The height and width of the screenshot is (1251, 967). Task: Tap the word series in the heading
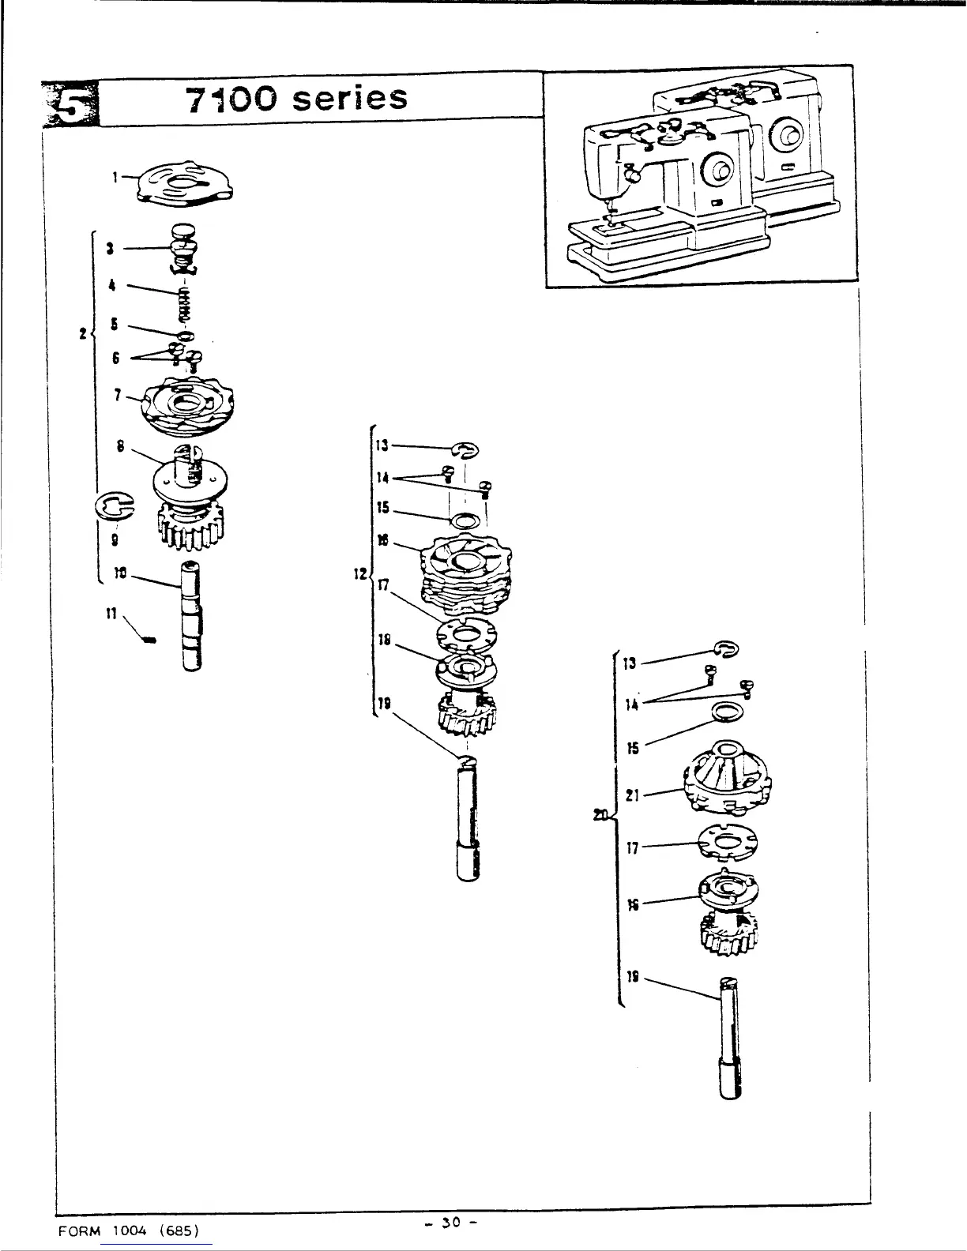coord(348,99)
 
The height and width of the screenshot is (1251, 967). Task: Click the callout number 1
coord(115,178)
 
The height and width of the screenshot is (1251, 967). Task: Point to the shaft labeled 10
coord(192,616)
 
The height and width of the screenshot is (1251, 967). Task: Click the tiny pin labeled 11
coord(151,640)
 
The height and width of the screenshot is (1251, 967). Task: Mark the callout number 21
coord(631,796)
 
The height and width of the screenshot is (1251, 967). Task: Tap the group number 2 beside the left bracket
coord(83,333)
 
